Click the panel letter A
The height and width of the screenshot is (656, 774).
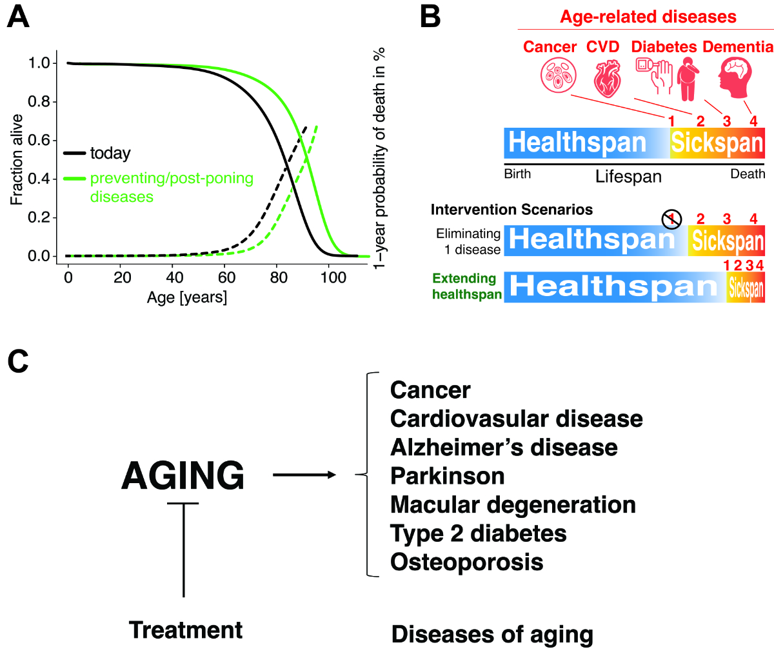pyautogui.click(x=18, y=17)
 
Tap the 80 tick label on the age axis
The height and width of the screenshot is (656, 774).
pyautogui.click(x=279, y=278)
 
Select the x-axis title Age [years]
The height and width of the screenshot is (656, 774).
pyautogui.click(x=187, y=297)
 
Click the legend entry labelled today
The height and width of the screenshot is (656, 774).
pyautogui.click(x=110, y=154)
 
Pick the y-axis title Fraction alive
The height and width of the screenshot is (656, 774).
pyautogui.click(x=17, y=159)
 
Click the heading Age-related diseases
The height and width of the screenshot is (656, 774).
pyautogui.click(x=648, y=17)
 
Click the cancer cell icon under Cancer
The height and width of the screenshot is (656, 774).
pyautogui.click(x=558, y=75)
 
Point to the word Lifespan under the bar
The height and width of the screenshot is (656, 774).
pyautogui.click(x=628, y=177)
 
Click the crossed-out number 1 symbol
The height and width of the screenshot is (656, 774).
pyautogui.click(x=671, y=219)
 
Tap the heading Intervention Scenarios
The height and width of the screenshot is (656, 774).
pyautogui.click(x=511, y=210)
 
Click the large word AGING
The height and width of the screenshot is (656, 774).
pyautogui.click(x=183, y=476)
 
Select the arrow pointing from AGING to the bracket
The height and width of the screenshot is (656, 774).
pyautogui.click(x=304, y=475)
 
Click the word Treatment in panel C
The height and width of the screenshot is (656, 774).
pyautogui.click(x=186, y=630)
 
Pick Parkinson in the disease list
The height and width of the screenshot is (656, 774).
pyautogui.click(x=447, y=476)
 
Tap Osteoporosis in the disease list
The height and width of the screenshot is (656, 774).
pyautogui.click(x=466, y=562)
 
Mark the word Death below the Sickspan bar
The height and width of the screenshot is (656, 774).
pyautogui.click(x=747, y=174)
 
